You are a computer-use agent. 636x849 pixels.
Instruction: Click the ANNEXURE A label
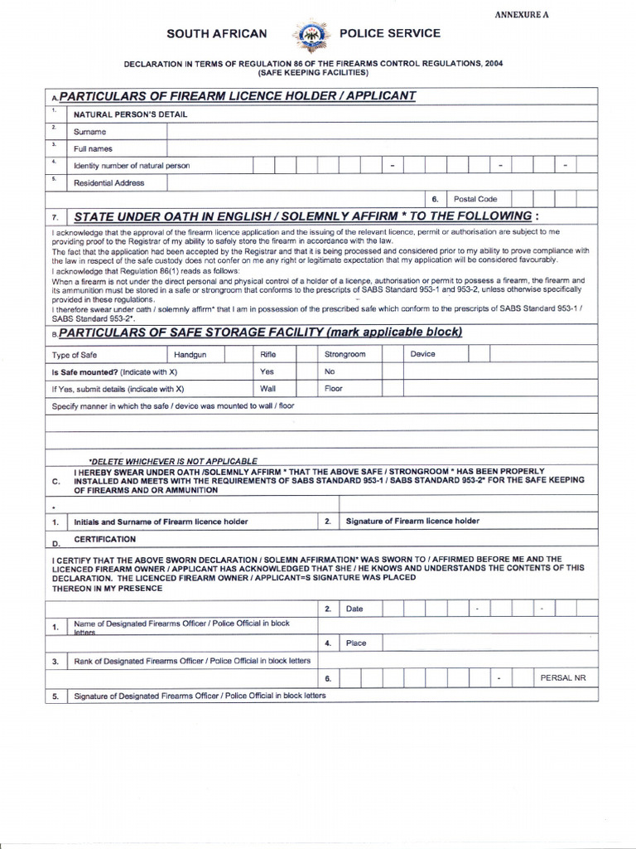click(x=522, y=15)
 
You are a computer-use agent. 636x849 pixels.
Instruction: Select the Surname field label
click(x=90, y=131)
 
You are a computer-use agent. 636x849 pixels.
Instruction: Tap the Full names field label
click(x=94, y=148)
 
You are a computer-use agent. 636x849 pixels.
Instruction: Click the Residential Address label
click(x=109, y=182)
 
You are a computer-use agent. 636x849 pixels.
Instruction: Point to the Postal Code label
click(x=475, y=199)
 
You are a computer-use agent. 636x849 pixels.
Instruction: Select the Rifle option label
click(x=267, y=354)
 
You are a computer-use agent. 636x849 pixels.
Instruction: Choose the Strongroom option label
click(x=344, y=354)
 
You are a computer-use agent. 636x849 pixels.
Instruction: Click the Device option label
click(x=422, y=354)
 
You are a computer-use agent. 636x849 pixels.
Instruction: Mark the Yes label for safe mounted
click(x=267, y=371)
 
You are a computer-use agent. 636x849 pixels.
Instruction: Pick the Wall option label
click(x=268, y=388)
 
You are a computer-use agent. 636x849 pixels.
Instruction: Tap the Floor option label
click(x=334, y=388)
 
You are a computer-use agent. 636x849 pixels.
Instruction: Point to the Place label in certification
click(x=356, y=643)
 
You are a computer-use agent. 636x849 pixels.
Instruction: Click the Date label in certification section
click(x=354, y=609)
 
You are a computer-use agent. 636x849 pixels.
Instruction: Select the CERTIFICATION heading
click(x=104, y=539)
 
